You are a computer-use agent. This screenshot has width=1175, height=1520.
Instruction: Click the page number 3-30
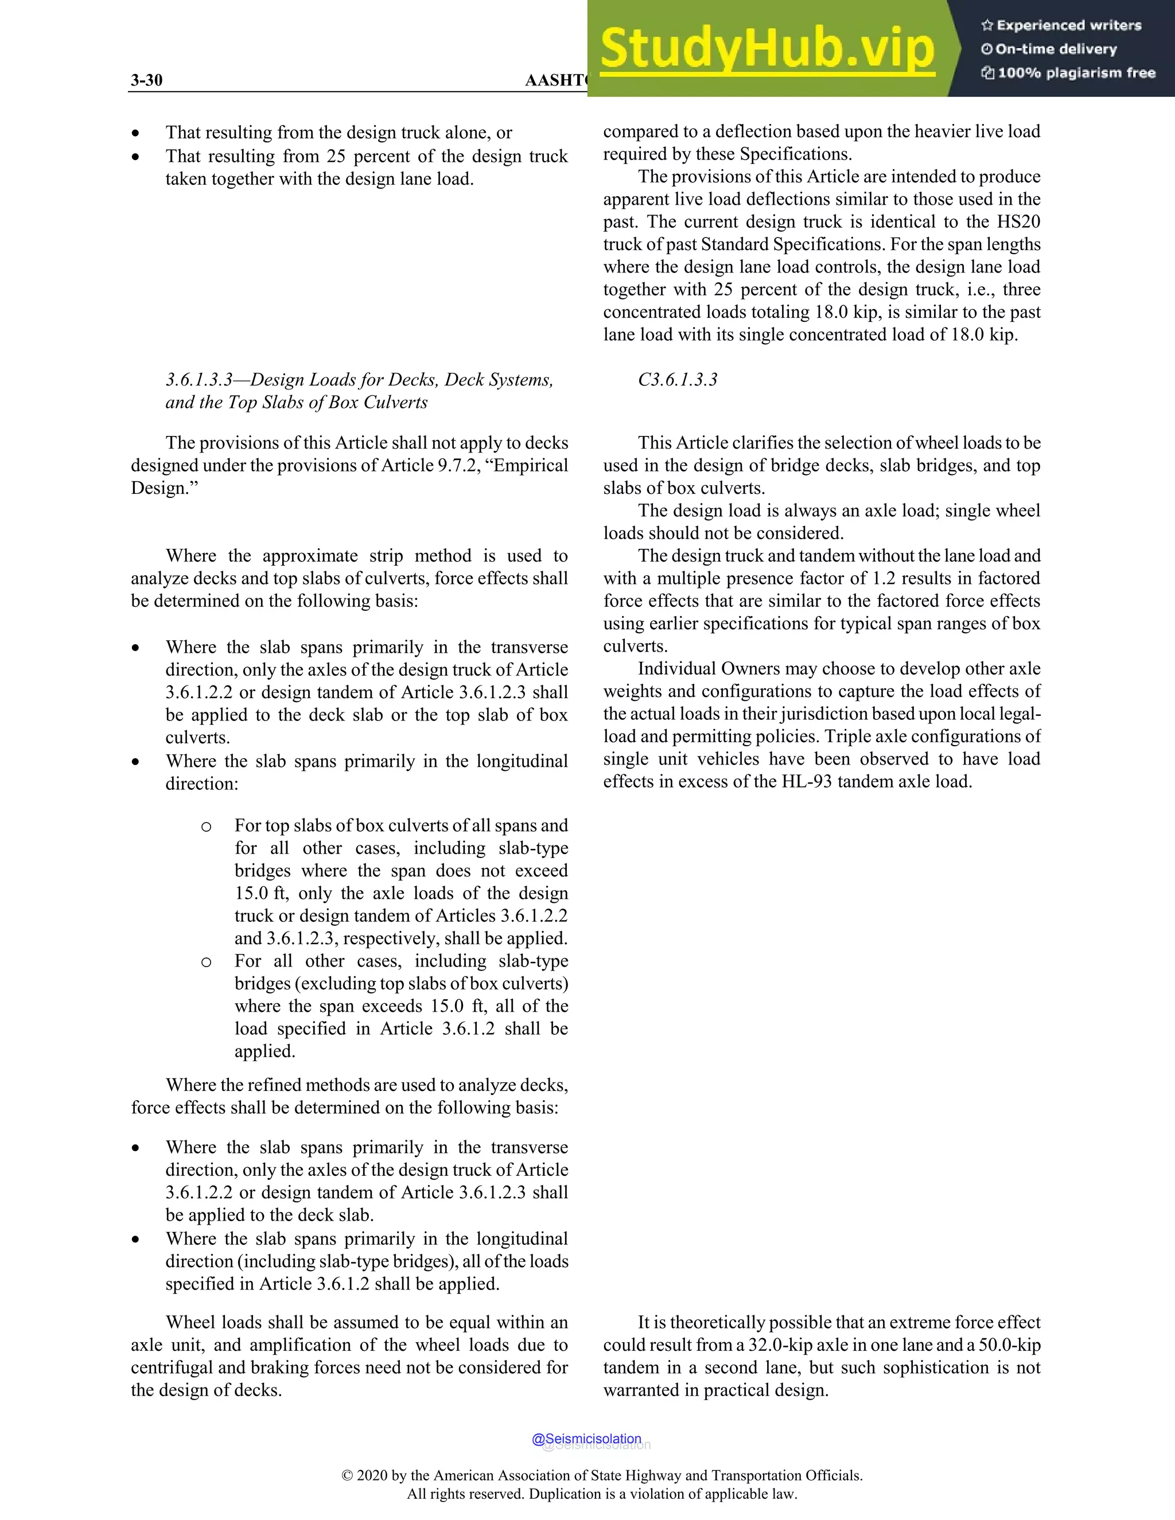(x=146, y=80)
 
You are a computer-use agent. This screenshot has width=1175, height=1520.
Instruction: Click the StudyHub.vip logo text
(x=767, y=49)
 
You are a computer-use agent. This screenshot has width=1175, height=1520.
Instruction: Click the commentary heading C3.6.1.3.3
(x=678, y=380)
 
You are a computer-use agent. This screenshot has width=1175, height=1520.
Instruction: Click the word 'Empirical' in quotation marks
(x=526, y=466)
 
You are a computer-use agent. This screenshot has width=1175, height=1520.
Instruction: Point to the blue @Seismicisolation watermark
(x=586, y=1439)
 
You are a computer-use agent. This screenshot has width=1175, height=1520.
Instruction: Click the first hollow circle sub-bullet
(x=206, y=827)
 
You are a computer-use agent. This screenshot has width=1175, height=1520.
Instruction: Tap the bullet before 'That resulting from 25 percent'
(x=136, y=157)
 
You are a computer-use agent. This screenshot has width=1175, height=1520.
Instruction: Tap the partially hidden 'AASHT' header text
(x=555, y=80)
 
